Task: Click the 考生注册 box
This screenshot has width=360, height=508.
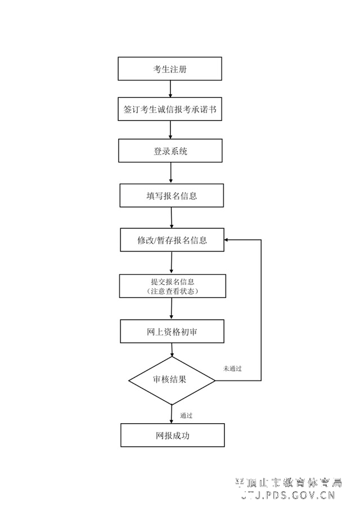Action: (x=170, y=69)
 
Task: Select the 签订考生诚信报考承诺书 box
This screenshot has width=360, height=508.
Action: (x=170, y=110)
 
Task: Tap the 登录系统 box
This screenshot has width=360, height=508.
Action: (x=170, y=151)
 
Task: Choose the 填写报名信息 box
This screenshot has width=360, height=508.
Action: (x=172, y=196)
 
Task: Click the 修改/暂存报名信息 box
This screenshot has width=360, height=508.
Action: (x=172, y=240)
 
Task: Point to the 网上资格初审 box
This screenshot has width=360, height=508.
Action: (x=172, y=331)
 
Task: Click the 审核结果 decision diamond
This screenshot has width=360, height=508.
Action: (x=172, y=380)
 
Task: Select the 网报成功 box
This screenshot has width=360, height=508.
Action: (x=173, y=435)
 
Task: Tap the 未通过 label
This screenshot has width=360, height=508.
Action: (x=232, y=369)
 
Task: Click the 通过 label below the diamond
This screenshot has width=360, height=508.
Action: (x=186, y=416)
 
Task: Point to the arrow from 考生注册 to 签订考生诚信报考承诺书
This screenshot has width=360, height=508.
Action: (x=170, y=89)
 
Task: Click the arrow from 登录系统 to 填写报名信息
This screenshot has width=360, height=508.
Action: (x=171, y=174)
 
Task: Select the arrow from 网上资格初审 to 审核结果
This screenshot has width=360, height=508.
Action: (x=172, y=350)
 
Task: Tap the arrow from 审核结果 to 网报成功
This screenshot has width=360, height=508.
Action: (x=172, y=414)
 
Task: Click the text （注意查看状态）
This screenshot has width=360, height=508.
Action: (x=172, y=292)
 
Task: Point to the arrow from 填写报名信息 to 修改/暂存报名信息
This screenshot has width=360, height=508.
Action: (x=172, y=218)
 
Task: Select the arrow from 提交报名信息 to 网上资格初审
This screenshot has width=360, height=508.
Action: (x=172, y=309)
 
